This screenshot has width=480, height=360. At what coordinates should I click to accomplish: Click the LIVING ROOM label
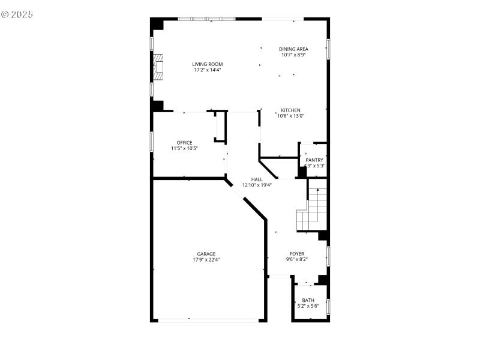(x=208, y=64)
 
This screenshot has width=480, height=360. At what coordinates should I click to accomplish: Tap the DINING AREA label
(x=293, y=49)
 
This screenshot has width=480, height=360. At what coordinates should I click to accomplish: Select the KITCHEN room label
(x=291, y=110)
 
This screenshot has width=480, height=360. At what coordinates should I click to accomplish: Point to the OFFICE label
(x=184, y=143)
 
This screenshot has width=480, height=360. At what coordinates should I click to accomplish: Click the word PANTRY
(x=314, y=160)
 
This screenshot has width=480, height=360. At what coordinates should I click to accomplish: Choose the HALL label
(x=257, y=179)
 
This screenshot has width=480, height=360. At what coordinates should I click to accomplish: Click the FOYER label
(x=297, y=254)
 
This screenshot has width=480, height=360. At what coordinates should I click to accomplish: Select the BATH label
(x=308, y=301)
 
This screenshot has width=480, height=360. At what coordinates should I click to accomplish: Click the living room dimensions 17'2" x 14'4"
(x=208, y=70)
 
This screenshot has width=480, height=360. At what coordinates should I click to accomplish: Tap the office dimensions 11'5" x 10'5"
(x=184, y=148)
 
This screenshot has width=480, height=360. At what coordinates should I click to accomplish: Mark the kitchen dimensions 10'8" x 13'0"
(x=291, y=116)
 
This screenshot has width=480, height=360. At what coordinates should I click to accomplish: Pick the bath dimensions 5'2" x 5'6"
(x=308, y=306)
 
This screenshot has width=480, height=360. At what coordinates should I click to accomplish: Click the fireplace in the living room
(x=158, y=67)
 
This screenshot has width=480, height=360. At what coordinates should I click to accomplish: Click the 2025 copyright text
(x=17, y=13)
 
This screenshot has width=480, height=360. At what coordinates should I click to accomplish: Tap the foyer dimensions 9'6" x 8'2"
(x=297, y=260)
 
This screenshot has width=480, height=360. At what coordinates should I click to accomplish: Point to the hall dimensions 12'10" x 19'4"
(x=257, y=185)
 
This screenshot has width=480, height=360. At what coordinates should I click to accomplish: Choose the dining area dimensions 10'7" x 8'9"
(x=293, y=55)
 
